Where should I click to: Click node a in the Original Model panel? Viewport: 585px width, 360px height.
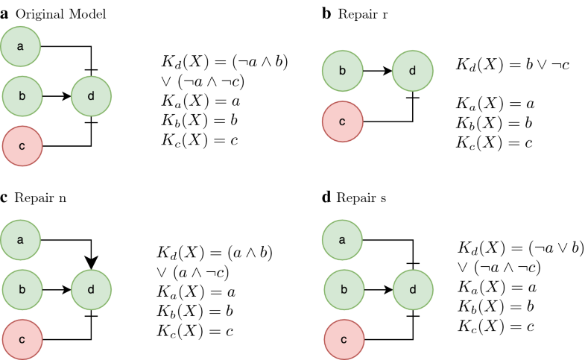(x=21, y=48)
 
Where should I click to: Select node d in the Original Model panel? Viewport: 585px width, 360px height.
(x=92, y=96)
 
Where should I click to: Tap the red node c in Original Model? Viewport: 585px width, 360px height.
(x=21, y=145)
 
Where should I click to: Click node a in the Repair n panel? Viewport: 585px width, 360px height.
(x=21, y=240)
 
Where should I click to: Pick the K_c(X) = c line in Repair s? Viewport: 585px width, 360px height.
(x=495, y=326)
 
